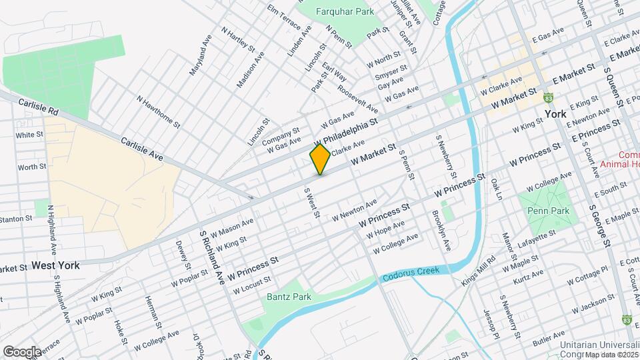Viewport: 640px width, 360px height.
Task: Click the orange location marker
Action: pos(321,159)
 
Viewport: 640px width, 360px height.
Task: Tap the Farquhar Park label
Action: pos(335,11)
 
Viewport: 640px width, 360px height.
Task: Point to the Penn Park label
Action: pos(547,211)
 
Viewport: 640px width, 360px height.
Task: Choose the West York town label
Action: pos(56,265)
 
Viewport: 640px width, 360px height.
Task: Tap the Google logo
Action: pos(22,352)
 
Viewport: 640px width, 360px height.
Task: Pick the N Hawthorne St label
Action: pos(158,111)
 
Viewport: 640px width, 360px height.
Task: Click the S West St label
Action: pos(312,203)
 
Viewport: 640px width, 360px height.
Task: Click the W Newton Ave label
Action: pos(355,209)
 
